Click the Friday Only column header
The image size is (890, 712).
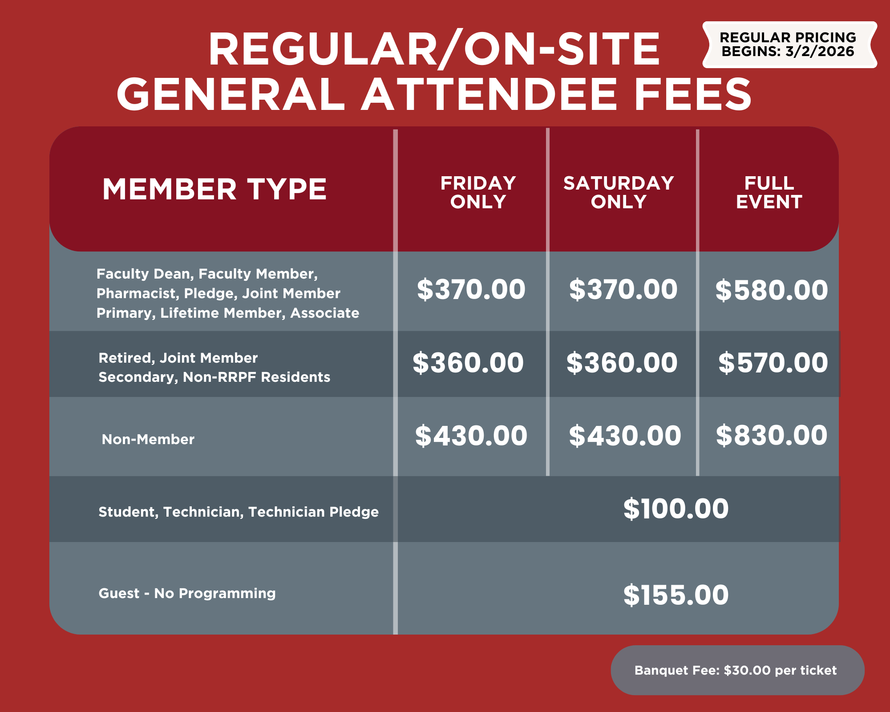tap(478, 192)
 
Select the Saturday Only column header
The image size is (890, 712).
tap(619, 192)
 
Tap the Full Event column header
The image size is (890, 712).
tap(769, 192)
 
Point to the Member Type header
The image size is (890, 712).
tap(214, 189)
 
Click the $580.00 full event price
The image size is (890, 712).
tap(772, 290)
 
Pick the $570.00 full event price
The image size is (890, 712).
tap(773, 363)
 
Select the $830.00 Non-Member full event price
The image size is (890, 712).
tap(772, 435)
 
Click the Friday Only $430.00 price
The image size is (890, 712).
tap(471, 436)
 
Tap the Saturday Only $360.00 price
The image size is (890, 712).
tap(622, 363)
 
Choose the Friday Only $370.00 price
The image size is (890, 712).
tap(471, 289)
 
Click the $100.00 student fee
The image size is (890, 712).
tap(676, 509)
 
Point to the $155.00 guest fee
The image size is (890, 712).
tap(676, 595)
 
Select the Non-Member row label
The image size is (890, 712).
tap(148, 439)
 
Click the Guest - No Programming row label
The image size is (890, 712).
tap(187, 593)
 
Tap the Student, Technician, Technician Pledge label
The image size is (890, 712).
tap(239, 512)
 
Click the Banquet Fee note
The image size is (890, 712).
tap(736, 670)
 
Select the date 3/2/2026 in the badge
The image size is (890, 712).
tap(820, 51)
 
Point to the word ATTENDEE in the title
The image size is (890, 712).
tap(489, 94)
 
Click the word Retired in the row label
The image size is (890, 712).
tap(126, 358)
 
